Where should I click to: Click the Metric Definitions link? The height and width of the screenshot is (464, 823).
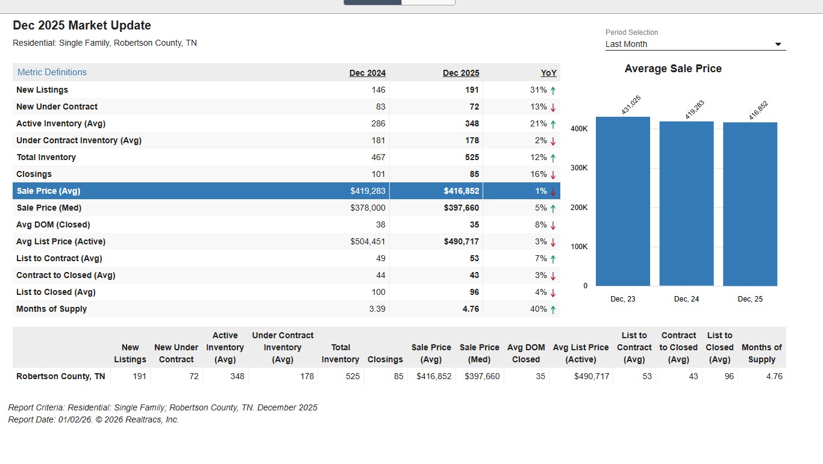tap(52, 72)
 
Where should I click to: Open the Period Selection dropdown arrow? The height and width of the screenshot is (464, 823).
tap(778, 45)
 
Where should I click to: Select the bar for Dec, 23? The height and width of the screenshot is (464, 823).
tap(623, 201)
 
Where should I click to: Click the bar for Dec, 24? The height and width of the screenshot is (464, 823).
tap(686, 203)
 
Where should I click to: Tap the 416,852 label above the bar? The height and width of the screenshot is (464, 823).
tap(759, 110)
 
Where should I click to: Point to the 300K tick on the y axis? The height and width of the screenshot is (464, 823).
tap(578, 168)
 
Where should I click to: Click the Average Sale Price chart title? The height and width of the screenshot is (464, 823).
tap(673, 69)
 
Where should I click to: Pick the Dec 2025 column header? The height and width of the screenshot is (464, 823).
tap(461, 73)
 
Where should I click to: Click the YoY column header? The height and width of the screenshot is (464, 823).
tap(548, 73)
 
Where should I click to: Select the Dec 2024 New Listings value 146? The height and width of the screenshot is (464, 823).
tap(378, 90)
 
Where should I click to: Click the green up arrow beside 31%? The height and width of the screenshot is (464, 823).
tap(553, 90)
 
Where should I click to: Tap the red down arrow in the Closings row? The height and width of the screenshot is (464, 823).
tap(553, 175)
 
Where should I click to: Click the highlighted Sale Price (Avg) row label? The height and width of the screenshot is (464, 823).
tap(48, 191)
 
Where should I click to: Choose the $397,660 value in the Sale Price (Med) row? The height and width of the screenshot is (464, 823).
tap(461, 208)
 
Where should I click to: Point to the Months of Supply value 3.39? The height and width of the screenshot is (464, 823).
tap(377, 309)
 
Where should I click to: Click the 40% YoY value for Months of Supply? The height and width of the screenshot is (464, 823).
tap(538, 309)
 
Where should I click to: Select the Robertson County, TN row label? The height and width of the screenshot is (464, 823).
tap(61, 376)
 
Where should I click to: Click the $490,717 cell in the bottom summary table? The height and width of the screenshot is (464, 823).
tap(592, 376)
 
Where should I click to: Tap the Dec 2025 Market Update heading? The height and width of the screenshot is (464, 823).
tap(82, 25)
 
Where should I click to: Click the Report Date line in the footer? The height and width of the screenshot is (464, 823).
tap(93, 419)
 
